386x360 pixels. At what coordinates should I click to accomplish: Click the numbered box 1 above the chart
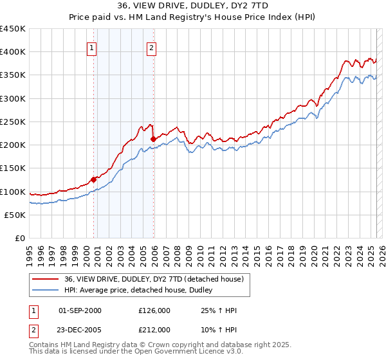pyautogui.click(x=91, y=47)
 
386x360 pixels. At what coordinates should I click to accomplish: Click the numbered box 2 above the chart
pyautogui.click(x=151, y=47)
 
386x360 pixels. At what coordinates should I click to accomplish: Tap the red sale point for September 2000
pyautogui.click(x=93, y=179)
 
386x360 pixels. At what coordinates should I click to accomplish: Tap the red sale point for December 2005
pyautogui.click(x=153, y=139)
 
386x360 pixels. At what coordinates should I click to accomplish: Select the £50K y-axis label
pyautogui.click(x=15, y=215)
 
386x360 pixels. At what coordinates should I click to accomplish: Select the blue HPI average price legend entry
pyautogui.click(x=142, y=290)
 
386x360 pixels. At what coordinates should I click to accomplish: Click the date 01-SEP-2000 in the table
pyautogui.click(x=80, y=310)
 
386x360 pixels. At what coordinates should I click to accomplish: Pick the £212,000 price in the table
pyautogui.click(x=154, y=330)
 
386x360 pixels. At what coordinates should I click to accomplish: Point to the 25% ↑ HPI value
pyautogui.click(x=219, y=310)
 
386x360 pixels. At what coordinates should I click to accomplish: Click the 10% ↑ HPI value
pyautogui.click(x=219, y=330)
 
